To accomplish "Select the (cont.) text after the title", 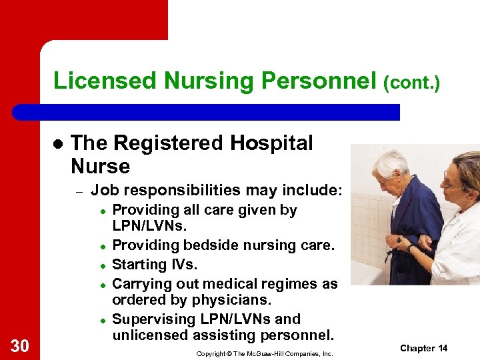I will pos(411,83).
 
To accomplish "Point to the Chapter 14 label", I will pos(423,348).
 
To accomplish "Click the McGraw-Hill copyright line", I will pos(264,353).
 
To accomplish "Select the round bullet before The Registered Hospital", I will pos(57,145).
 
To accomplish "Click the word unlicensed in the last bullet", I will pos(151,335).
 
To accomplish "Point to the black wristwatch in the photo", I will pos(411,248).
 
